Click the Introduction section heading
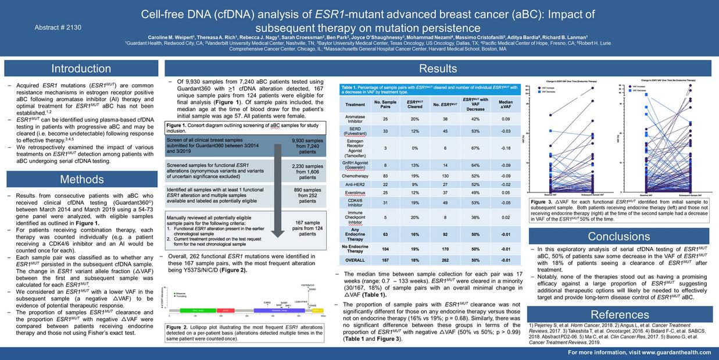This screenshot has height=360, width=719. [81, 69]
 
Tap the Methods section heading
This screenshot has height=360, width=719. [81, 179]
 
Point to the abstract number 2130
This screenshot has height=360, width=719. [58, 27]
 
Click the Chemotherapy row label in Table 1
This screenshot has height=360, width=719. [355, 176]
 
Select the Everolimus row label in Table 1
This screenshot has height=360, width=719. [355, 193]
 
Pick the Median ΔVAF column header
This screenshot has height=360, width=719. [505, 105]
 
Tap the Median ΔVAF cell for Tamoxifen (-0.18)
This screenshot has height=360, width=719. [505, 148]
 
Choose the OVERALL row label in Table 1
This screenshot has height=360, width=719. [355, 260]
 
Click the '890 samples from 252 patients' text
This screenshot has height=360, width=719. [307, 194]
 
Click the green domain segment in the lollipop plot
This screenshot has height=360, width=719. [197, 311]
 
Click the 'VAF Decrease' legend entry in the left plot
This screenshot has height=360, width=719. [550, 91]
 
